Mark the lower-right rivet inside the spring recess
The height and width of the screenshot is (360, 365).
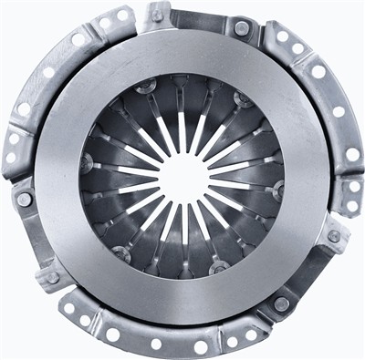[x=219, y=266]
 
